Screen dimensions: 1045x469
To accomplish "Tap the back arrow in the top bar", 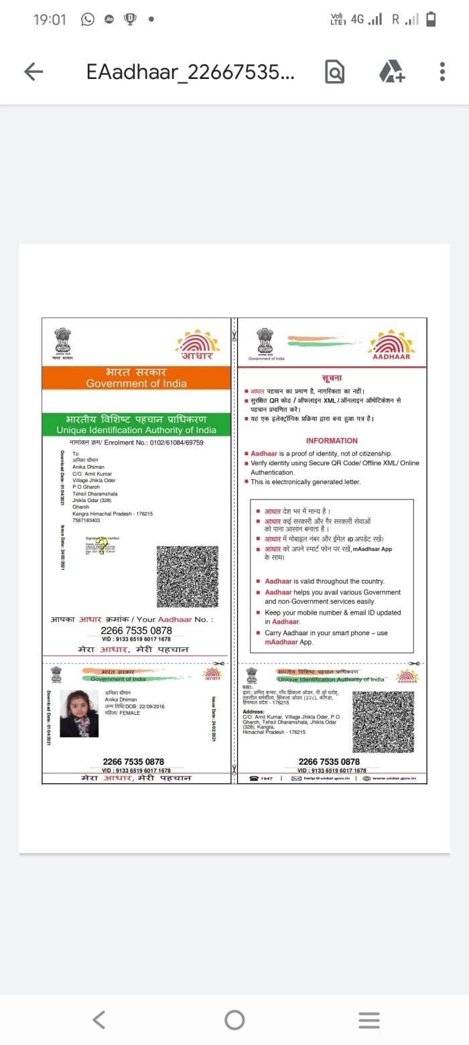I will [33, 72].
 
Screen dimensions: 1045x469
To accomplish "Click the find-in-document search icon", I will [335, 72].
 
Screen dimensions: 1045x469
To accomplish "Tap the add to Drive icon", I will [392, 72].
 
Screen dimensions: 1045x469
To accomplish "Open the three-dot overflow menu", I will [442, 72].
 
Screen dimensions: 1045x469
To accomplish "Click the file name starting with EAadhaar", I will [190, 72].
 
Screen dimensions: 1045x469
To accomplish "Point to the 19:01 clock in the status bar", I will [50, 19].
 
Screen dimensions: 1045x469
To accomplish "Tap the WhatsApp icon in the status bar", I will [88, 19].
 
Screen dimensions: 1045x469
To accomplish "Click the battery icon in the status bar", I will [431, 19].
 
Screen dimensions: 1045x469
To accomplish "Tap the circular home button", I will [234, 1020].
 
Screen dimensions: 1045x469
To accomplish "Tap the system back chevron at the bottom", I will [98, 1020].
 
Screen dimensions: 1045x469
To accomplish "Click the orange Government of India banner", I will [136, 378].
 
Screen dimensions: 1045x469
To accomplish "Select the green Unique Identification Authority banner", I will [136, 424].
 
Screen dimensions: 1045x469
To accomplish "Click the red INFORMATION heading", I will [332, 440].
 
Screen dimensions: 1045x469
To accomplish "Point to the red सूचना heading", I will [332, 379].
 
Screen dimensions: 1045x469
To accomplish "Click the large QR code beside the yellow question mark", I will [188, 576].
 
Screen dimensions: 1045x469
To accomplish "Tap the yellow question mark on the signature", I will [101, 547].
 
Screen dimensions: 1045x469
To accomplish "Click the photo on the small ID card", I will [79, 714].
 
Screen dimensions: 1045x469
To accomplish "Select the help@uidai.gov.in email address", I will [328, 778].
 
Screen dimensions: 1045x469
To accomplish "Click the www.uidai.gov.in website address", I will [394, 778].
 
